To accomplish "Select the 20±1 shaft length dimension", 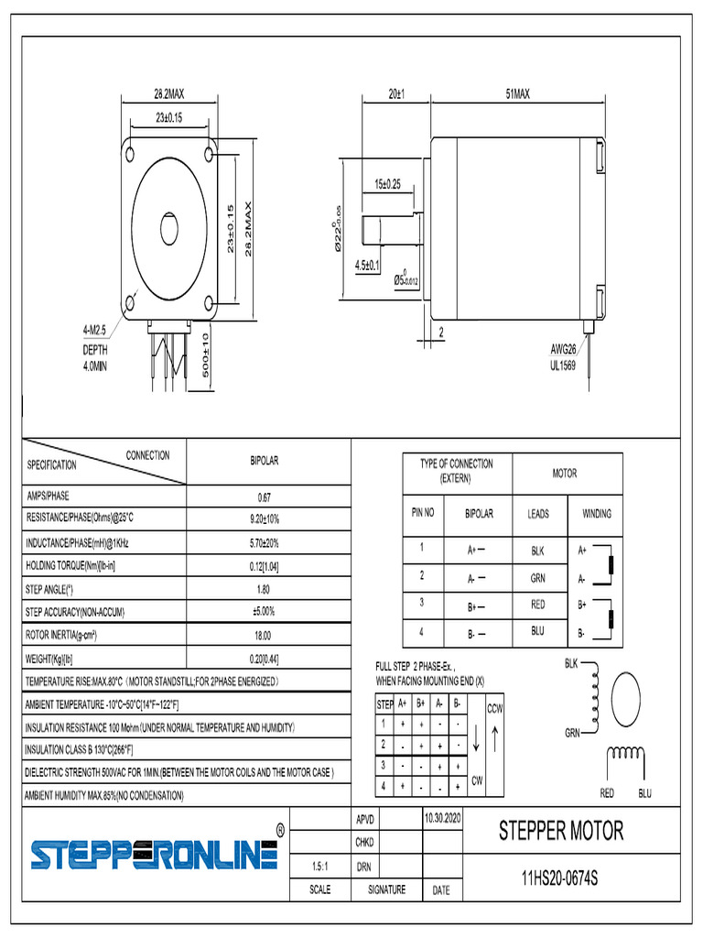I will (x=395, y=93).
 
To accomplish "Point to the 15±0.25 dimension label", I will (x=387, y=184).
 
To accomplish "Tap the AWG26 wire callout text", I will (x=563, y=349).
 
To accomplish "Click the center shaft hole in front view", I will (x=170, y=227).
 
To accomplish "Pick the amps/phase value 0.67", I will (x=264, y=497).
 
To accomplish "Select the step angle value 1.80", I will (x=264, y=588).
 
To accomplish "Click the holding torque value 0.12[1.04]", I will (x=264, y=565).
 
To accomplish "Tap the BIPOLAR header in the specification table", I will (x=264, y=460).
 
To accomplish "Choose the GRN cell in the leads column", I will (x=538, y=578).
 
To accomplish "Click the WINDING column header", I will (x=596, y=514).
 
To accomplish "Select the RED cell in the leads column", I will (x=538, y=605).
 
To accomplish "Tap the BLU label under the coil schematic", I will (x=644, y=792).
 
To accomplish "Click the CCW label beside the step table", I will (x=494, y=709).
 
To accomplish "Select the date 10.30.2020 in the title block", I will (x=444, y=815).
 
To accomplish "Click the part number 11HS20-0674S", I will (x=559, y=878).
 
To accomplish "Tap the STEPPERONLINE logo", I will (x=154, y=855).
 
